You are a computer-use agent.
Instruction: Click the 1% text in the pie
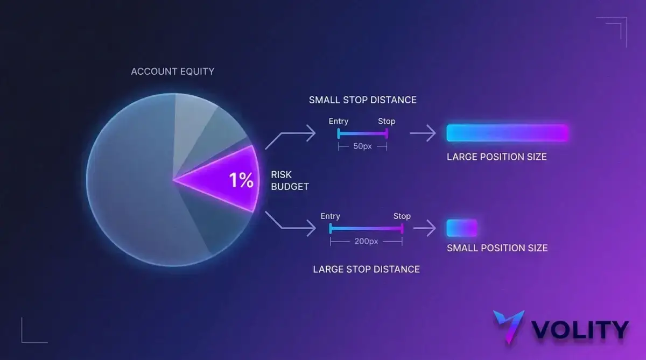[241, 180]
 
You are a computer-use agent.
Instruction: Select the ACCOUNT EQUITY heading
[173, 72]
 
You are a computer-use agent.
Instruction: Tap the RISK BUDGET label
[290, 181]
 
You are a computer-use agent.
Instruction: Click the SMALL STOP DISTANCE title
[362, 100]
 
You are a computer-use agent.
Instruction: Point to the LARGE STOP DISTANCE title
[366, 269]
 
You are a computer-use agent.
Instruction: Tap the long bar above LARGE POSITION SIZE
[508, 133]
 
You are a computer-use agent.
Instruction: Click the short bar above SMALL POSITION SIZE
[462, 228]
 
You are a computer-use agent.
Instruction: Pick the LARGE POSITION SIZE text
[496, 157]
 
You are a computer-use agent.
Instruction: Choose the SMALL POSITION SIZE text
[497, 248]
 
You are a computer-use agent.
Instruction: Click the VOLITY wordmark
[580, 329]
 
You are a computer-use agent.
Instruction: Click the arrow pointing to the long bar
[423, 133]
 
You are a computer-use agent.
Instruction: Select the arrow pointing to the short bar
[425, 228]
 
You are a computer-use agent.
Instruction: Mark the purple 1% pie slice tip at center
[173, 180]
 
